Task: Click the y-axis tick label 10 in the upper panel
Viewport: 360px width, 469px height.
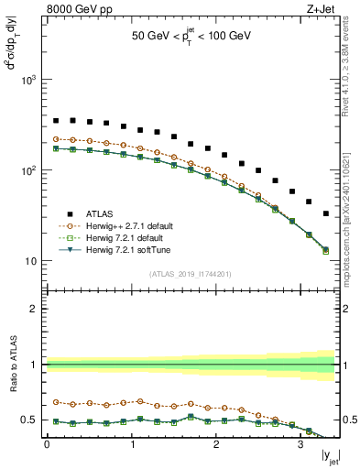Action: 31,261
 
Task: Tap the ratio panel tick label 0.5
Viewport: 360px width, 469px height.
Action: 30,420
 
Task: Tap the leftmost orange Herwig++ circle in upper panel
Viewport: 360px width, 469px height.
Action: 56,139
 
